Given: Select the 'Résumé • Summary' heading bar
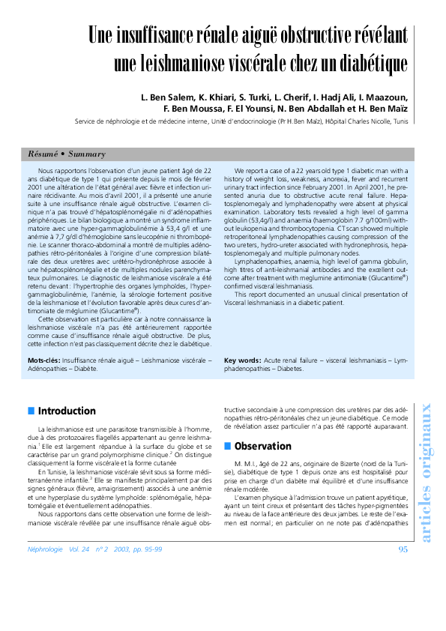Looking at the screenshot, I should [x=67, y=154].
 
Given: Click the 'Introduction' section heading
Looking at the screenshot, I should [x=67, y=411].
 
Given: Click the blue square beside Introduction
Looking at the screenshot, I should [x=31, y=411].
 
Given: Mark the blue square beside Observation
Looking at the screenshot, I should [x=228, y=446].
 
